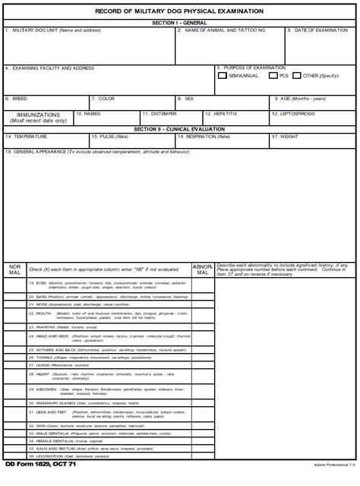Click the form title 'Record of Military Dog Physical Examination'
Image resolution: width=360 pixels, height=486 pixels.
(x=180, y=11)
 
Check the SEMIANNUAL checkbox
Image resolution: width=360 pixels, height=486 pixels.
(x=222, y=76)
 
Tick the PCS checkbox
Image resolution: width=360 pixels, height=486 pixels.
(x=273, y=76)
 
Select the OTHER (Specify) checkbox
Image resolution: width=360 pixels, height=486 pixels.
(x=297, y=76)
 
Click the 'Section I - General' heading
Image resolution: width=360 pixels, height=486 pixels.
(x=180, y=23)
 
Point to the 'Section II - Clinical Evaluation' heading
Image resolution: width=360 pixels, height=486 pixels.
(x=180, y=129)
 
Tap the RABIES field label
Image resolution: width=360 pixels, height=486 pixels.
(x=88, y=114)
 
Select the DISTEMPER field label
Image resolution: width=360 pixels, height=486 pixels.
(x=159, y=114)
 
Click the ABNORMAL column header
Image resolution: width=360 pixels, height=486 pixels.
(x=203, y=270)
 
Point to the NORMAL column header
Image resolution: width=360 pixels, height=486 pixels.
(x=15, y=270)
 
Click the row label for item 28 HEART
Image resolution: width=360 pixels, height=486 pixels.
(x=43, y=374)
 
